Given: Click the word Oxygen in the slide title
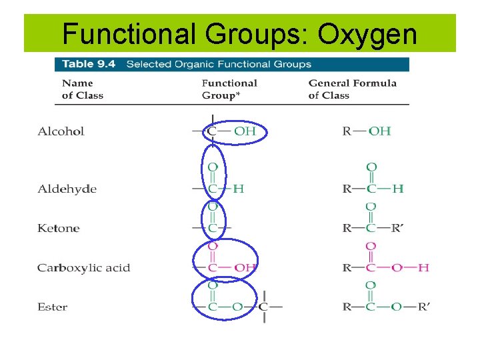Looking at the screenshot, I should tap(368, 34).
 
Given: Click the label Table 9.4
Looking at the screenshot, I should tap(89, 65).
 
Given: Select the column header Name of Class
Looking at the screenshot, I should tap(83, 89).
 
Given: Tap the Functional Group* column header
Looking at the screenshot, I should tap(229, 89).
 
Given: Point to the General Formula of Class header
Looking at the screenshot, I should tap(352, 89).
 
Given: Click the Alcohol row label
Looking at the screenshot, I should tap(61, 131).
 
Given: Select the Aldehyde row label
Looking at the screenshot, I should tap(67, 189).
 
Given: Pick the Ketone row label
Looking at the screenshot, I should tap(58, 229).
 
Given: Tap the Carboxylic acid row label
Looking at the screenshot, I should tap(83, 268).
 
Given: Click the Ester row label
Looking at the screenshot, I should tap(52, 307).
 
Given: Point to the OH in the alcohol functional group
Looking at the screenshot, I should tap(245, 131).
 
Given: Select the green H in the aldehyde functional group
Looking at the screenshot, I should tap(238, 189).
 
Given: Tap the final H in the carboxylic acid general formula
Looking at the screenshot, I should tap(423, 268).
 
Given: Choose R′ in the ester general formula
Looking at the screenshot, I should tap(423, 307).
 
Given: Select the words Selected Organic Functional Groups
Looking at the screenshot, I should tap(219, 65).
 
